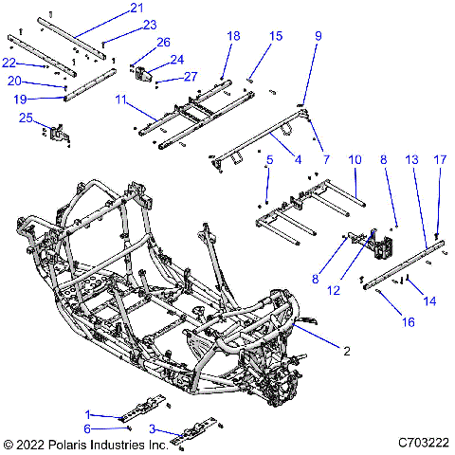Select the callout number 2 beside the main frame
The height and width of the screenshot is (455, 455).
point(347,351)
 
